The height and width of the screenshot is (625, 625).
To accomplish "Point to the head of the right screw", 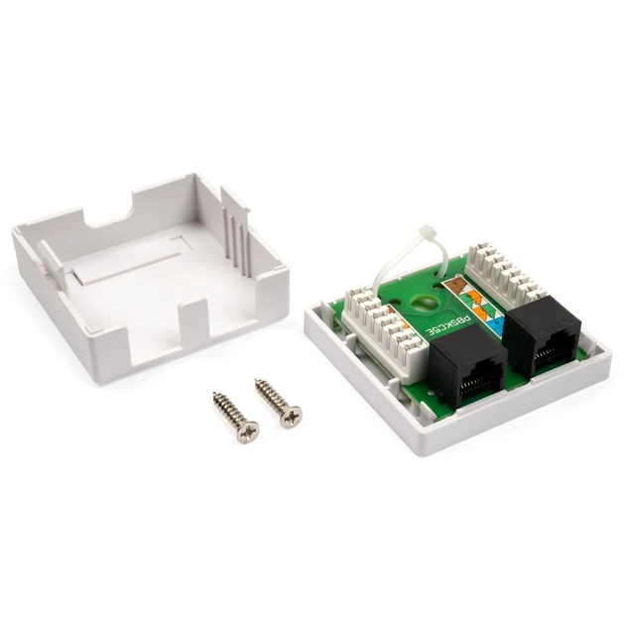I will pyautogui.click(x=290, y=418).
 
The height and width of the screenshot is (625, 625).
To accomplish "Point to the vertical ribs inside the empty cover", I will pyautogui.click(x=234, y=238).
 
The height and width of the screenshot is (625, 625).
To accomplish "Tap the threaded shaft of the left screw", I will pyautogui.click(x=225, y=407).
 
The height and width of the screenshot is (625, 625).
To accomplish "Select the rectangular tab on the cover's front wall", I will pyautogui.click(x=193, y=327).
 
